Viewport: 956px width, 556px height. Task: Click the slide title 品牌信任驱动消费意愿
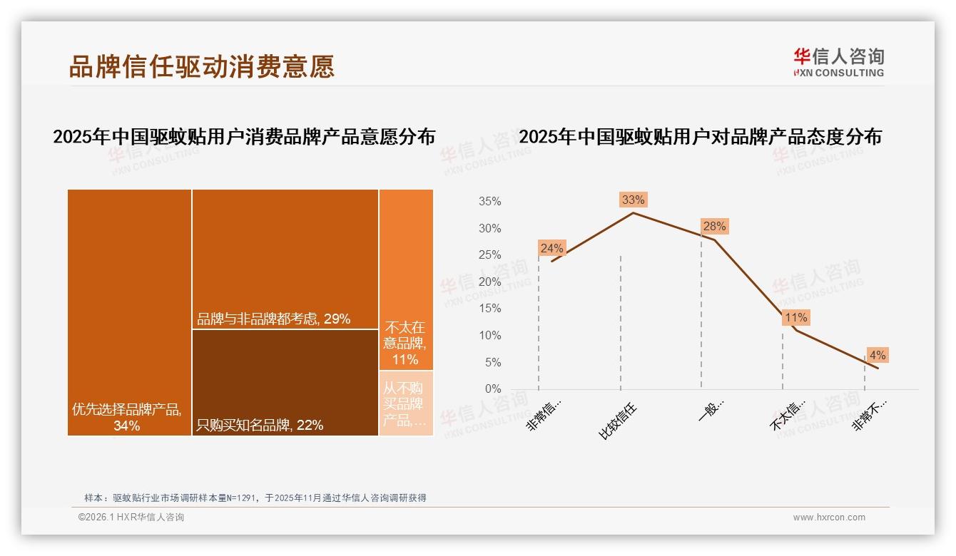202,67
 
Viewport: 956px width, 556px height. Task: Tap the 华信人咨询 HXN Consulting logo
838,63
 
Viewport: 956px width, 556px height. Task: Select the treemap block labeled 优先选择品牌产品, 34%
129,312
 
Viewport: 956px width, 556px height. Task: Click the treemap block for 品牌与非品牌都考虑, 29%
285,259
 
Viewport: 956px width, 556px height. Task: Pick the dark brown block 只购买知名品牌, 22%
285,381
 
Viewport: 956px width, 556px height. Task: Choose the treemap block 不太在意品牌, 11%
406,279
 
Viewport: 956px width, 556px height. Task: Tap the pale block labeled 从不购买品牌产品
406,403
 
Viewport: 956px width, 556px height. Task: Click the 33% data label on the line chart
633,200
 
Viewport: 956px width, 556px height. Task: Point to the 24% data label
551,248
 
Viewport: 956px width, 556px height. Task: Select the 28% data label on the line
714,227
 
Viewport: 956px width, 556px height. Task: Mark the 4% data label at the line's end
878,355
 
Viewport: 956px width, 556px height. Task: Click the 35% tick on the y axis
489,202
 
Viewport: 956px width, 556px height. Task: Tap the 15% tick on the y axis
489,309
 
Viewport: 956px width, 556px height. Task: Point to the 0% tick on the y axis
493,389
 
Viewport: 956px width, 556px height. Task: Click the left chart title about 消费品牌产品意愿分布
244,137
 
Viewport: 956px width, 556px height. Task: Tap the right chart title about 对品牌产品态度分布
700,137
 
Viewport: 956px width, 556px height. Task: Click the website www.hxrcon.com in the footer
828,518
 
